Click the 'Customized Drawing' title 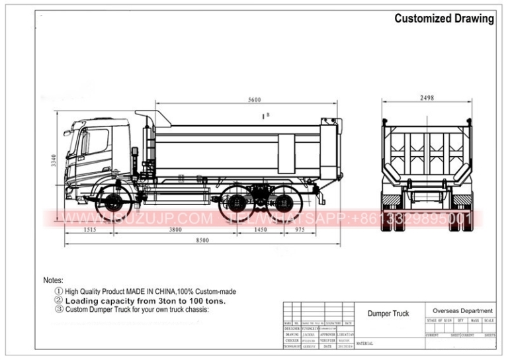pyautogui.click(x=444, y=19)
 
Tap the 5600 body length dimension pyautogui.click(x=255, y=101)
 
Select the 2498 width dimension pyautogui.click(x=427, y=99)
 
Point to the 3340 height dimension pyautogui.click(x=54, y=161)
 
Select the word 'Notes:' pyautogui.click(x=54, y=281)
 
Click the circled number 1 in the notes pyautogui.click(x=58, y=291)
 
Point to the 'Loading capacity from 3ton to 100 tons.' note pyautogui.click(x=146, y=300)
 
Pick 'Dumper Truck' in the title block pyautogui.click(x=388, y=314)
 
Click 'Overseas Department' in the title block pyautogui.click(x=462, y=310)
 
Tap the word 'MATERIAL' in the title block pyautogui.click(x=365, y=343)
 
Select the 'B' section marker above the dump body pyautogui.click(x=268, y=116)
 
